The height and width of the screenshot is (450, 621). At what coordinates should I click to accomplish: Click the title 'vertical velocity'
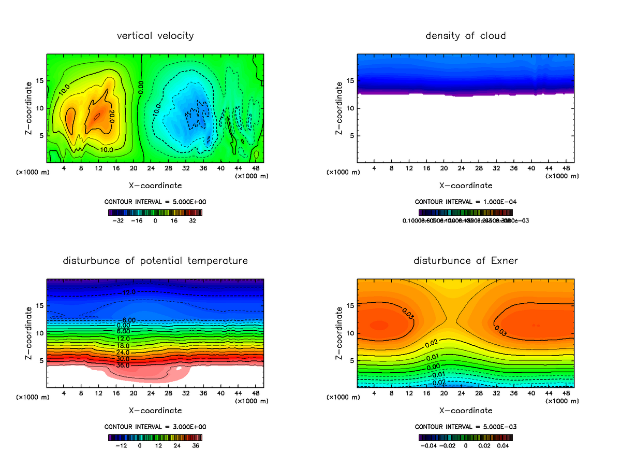(x=155, y=36)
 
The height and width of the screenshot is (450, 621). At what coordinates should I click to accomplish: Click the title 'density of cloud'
(x=465, y=36)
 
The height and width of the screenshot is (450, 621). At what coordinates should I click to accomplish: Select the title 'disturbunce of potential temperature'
(x=155, y=260)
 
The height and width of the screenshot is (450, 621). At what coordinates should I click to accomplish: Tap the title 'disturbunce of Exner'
(x=465, y=260)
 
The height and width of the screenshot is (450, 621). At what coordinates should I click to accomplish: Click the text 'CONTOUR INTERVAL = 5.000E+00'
(x=155, y=202)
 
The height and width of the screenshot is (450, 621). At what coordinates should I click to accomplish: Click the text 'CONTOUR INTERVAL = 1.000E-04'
(x=465, y=202)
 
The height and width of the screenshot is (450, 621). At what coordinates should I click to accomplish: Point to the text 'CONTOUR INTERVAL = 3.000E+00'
(x=155, y=427)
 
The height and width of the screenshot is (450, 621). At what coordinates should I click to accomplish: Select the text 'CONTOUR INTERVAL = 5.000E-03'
(x=465, y=427)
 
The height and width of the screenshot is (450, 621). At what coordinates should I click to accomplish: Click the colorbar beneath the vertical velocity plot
(x=155, y=212)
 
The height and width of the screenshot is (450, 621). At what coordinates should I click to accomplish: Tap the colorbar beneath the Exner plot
(x=465, y=437)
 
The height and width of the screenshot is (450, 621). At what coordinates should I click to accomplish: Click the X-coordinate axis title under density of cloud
(x=465, y=185)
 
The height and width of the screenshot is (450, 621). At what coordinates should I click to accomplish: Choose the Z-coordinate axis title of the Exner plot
(x=339, y=333)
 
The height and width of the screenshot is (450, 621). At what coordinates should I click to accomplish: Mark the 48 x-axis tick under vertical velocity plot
(x=256, y=168)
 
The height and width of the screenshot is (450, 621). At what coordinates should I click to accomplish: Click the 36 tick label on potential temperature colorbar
(x=197, y=445)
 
